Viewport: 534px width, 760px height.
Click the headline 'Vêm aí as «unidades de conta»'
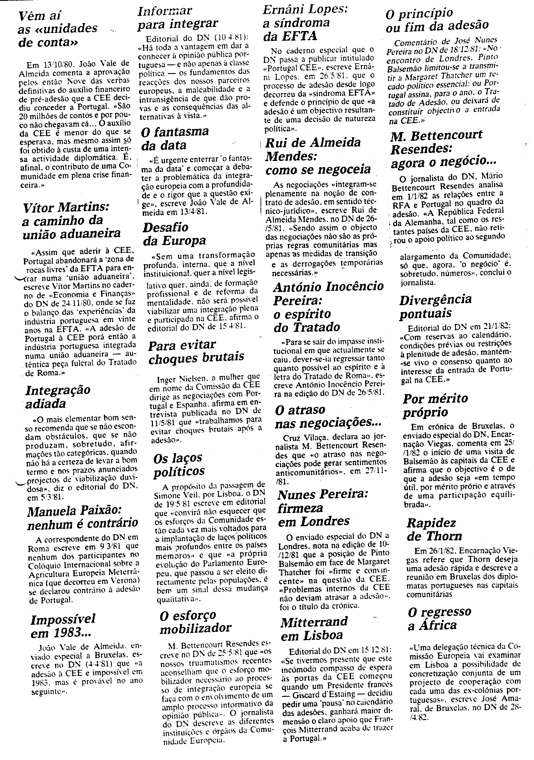click(x=57, y=29)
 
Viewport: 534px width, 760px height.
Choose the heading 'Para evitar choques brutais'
click(x=196, y=351)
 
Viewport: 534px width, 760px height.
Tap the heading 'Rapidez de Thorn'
click(x=434, y=529)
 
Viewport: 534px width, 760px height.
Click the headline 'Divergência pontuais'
click(x=435, y=306)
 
